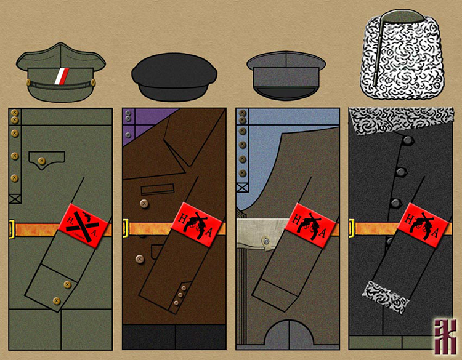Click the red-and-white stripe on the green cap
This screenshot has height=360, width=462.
[x=60, y=76]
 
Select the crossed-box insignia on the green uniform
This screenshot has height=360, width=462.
[x=14, y=199]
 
